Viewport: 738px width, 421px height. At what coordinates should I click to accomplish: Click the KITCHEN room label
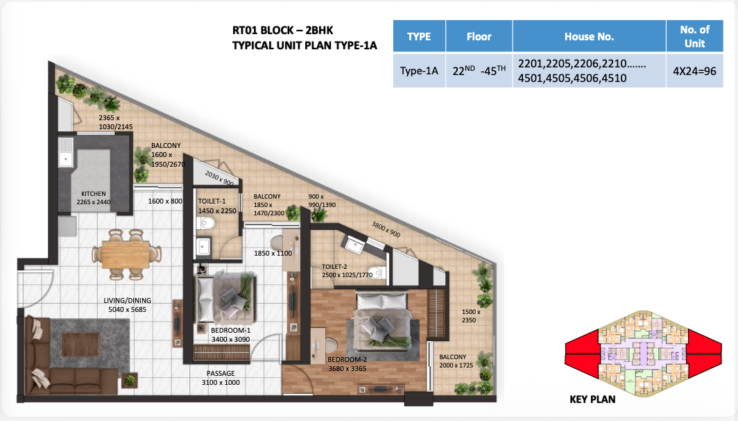pyautogui.click(x=93, y=194)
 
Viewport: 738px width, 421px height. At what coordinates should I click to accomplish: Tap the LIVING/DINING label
pyautogui.click(x=127, y=300)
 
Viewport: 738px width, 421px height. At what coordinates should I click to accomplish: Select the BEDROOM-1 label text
pyautogui.click(x=230, y=331)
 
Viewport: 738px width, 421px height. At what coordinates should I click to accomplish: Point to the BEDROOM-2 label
pyautogui.click(x=347, y=360)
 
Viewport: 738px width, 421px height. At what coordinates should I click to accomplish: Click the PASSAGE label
pyautogui.click(x=221, y=373)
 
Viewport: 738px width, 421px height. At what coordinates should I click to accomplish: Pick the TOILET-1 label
pyautogui.click(x=212, y=201)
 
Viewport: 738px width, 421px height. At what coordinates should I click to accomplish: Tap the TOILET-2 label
pyautogui.click(x=334, y=267)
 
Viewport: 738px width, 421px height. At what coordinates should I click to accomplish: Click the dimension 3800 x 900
pyautogui.click(x=386, y=229)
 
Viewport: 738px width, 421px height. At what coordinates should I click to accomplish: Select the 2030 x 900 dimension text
pyautogui.click(x=219, y=178)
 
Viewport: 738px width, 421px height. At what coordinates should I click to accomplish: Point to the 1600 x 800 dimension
pyautogui.click(x=165, y=201)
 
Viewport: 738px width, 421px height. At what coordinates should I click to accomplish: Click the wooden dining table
pyautogui.click(x=126, y=254)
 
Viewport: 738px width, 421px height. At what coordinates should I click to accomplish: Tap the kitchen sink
pyautogui.click(x=65, y=152)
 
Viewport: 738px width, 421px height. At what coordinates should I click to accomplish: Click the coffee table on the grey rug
pyautogui.click(x=80, y=345)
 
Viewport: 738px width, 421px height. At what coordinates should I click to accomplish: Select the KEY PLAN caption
pyautogui.click(x=592, y=399)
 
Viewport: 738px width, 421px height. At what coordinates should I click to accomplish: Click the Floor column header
pyautogui.click(x=479, y=36)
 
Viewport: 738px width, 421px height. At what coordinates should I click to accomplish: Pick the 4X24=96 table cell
pyautogui.click(x=695, y=71)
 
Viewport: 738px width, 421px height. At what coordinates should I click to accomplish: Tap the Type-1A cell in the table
pyautogui.click(x=419, y=71)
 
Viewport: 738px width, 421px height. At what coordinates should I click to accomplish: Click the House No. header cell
pyautogui.click(x=590, y=36)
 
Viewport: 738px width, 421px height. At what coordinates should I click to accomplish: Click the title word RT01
pyautogui.click(x=244, y=30)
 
